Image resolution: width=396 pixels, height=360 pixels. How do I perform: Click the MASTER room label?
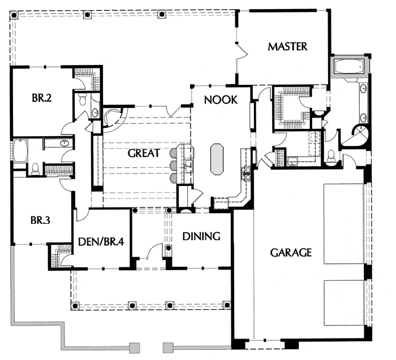click(288, 46)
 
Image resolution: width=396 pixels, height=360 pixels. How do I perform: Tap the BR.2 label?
click(42, 98)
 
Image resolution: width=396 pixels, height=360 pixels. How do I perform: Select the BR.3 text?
click(41, 220)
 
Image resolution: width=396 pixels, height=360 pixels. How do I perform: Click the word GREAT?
click(144, 153)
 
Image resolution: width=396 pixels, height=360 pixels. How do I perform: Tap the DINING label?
click(201, 236)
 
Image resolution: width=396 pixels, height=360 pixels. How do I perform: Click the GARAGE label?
click(290, 252)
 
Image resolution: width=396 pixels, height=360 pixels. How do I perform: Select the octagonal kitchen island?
click(218, 159)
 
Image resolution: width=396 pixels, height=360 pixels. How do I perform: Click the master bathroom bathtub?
click(348, 67)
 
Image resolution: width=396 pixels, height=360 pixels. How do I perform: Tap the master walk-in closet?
click(292, 108)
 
